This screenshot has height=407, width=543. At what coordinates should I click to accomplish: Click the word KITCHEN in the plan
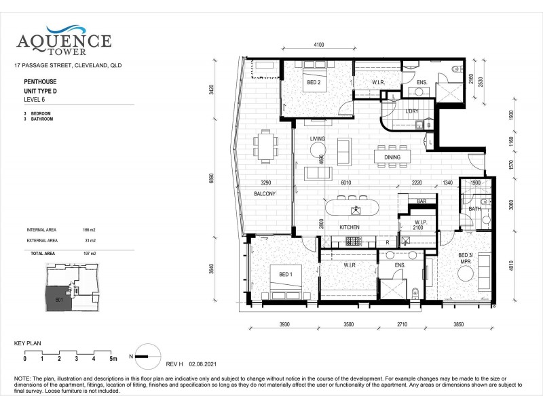(x=349, y=227)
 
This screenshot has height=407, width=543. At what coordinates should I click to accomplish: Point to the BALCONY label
(x=265, y=194)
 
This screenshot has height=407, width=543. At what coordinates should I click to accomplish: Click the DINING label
(x=392, y=157)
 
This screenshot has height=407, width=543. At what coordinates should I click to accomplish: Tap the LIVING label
(x=318, y=139)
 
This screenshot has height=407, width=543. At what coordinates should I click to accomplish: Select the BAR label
(x=421, y=201)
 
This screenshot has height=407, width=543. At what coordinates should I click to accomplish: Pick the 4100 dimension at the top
(x=319, y=45)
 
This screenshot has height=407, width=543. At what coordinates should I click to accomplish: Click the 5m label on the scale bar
(x=113, y=358)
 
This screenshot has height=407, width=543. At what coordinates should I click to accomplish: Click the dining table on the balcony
(x=265, y=146)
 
